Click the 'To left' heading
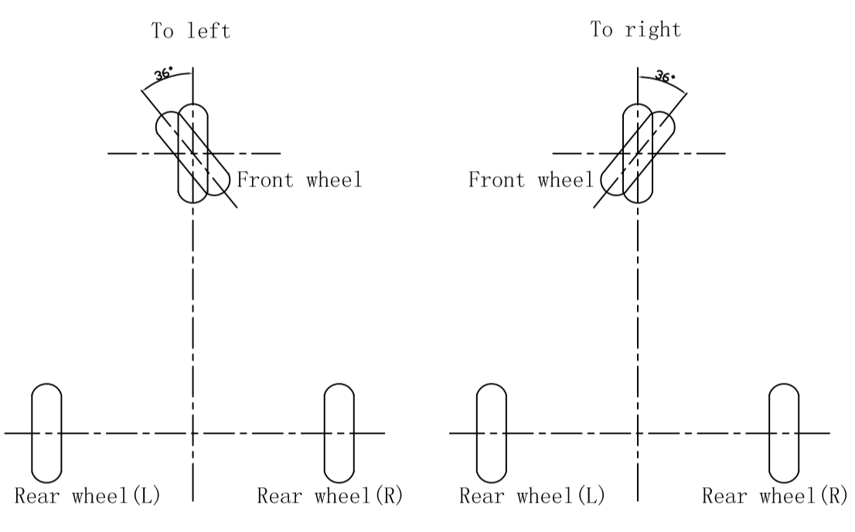(x=190, y=32)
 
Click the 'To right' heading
(x=635, y=30)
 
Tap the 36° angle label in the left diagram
(x=164, y=74)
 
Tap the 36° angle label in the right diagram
(x=665, y=76)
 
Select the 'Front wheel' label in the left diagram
(x=299, y=180)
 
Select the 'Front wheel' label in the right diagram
(x=531, y=180)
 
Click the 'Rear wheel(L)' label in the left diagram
(x=87, y=495)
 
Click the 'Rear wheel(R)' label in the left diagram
(x=330, y=495)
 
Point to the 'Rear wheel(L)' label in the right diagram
(x=533, y=495)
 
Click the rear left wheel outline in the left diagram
(x=46, y=432)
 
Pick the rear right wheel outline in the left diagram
(x=339, y=432)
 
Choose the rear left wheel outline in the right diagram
(x=491, y=432)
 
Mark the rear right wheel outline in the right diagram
(x=783, y=432)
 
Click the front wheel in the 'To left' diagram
(x=193, y=153)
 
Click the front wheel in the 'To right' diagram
(x=638, y=153)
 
